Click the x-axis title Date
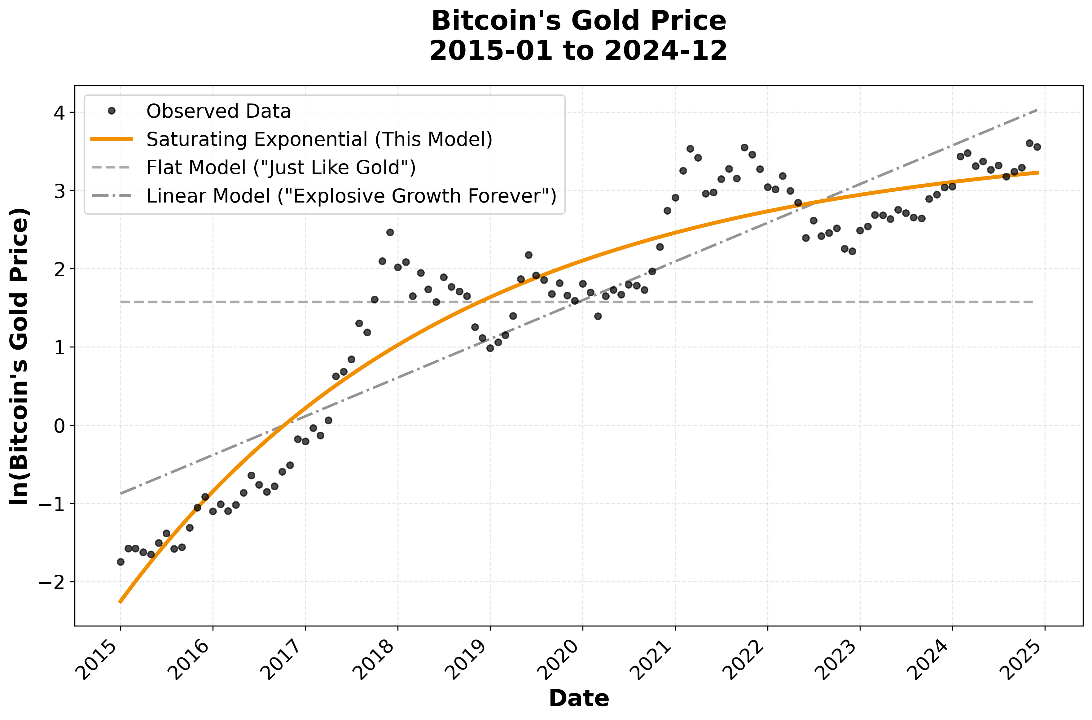pos(579,698)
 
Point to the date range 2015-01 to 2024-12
pos(579,50)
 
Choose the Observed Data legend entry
pos(218,111)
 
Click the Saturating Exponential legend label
pos(319,139)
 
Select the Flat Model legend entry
pos(281,168)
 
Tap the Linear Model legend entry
pos(351,196)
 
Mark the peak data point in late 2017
pos(390,232)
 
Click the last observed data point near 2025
pos(1037,147)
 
